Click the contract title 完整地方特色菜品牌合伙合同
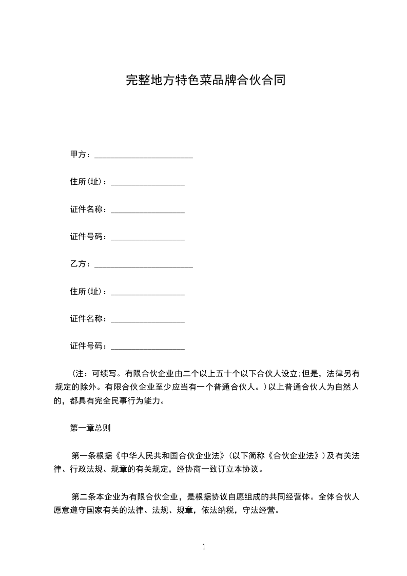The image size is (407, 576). coord(205,81)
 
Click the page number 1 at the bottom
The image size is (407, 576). coord(204,546)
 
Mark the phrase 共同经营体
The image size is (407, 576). coord(287,496)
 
